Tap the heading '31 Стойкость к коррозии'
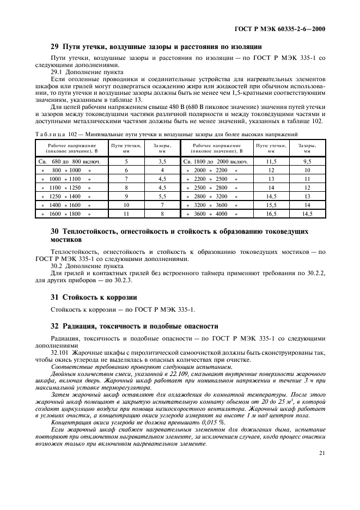(86, 297)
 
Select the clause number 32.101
(60, 352)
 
